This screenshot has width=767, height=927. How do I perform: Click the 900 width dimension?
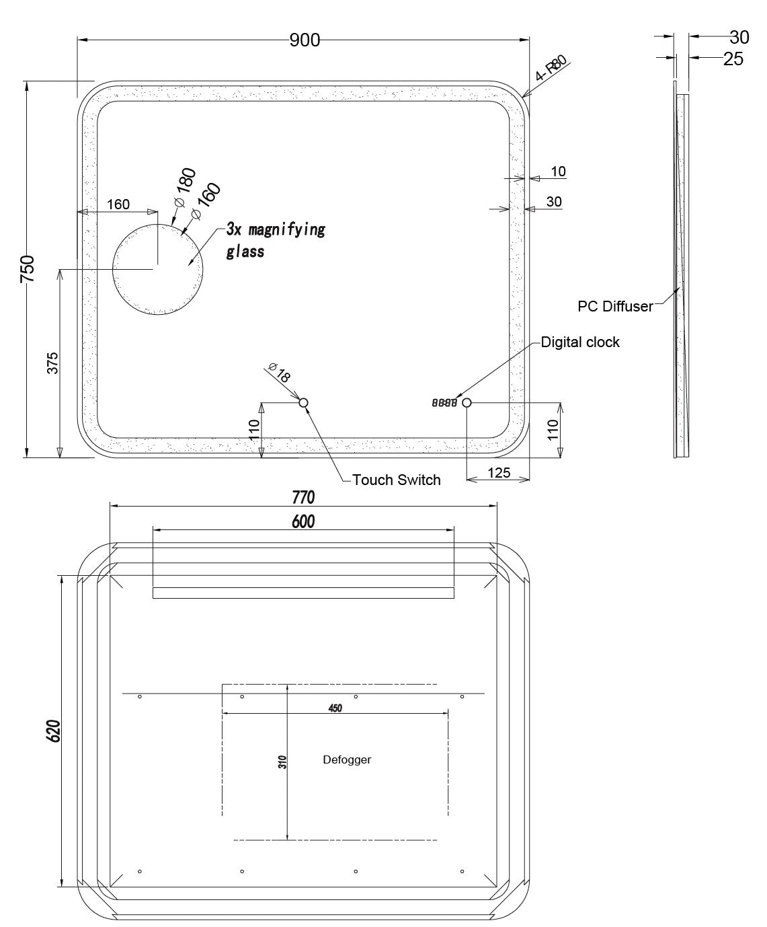coord(305,40)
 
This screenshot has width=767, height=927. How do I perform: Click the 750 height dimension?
coord(28,269)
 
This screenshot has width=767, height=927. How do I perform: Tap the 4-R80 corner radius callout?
coord(551,68)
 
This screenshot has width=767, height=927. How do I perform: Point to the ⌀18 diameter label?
coord(280,372)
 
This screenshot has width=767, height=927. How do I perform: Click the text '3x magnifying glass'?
coord(276,241)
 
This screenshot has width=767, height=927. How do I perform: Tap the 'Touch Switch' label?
coord(397,480)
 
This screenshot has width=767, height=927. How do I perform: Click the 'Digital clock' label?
coord(580,342)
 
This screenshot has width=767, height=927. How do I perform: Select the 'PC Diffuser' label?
coord(615,306)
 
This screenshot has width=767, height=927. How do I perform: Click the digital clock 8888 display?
coord(444,403)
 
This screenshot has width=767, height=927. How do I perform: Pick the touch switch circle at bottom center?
coord(303,403)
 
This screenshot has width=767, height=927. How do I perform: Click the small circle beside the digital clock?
coord(467,403)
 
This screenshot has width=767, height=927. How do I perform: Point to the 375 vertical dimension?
coord(52,363)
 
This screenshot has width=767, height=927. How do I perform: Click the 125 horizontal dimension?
coord(499,473)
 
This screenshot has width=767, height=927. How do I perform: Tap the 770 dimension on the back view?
coord(303,498)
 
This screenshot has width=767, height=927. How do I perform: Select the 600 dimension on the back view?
coord(303,521)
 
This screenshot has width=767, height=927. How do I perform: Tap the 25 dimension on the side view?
coord(733,59)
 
